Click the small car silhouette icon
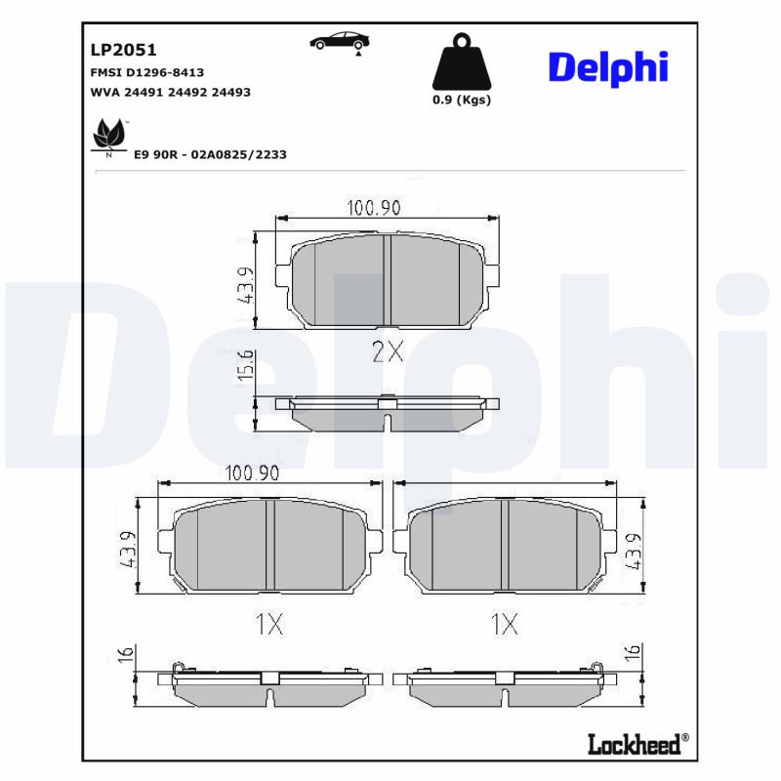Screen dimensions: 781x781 [x=339, y=42]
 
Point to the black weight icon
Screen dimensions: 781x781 [x=461, y=63]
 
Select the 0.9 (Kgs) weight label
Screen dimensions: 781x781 [x=461, y=100]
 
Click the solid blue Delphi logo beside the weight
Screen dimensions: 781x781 [x=608, y=66]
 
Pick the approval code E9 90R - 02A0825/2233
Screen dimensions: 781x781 [x=209, y=154]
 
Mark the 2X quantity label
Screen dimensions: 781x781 [x=388, y=352]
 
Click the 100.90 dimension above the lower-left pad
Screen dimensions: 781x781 [x=253, y=473]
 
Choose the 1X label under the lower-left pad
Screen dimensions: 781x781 [x=268, y=625]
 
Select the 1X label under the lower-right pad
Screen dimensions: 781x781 [x=504, y=625]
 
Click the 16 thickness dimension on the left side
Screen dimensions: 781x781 [x=125, y=655]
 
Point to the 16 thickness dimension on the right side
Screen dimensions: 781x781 [x=633, y=651]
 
